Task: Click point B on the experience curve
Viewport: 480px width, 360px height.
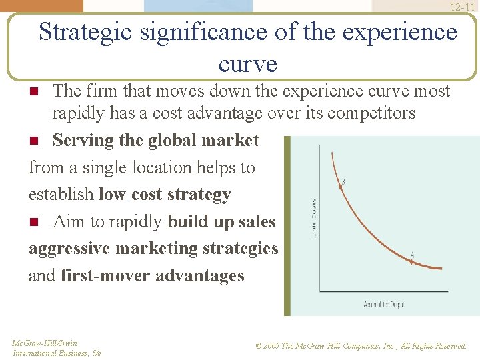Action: coord(341,188)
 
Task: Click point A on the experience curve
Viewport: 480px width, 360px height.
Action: coord(411,261)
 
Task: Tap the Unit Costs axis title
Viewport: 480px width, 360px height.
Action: coord(313,217)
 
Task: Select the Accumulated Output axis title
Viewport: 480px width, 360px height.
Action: coord(384,305)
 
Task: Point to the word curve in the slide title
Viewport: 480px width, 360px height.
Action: coord(247,64)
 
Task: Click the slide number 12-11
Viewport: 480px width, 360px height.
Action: coord(463,7)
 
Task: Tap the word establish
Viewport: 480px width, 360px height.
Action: coord(61,195)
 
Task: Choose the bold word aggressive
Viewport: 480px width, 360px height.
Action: coord(69,249)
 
